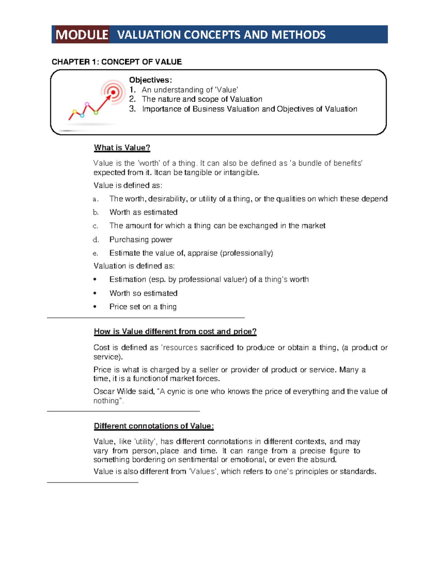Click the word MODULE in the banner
click(82, 35)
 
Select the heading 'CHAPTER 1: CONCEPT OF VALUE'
click(117, 62)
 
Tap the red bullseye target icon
click(113, 92)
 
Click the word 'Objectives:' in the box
click(150, 80)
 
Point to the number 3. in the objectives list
click(132, 109)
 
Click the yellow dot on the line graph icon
click(75, 112)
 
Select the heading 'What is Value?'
click(122, 148)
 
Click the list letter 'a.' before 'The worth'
click(95, 199)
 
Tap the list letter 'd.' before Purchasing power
click(96, 240)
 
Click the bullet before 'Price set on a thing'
click(95, 307)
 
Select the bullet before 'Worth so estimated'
click(95, 293)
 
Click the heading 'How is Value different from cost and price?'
click(175, 332)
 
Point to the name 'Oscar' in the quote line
click(104, 391)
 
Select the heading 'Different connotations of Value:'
click(154, 426)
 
